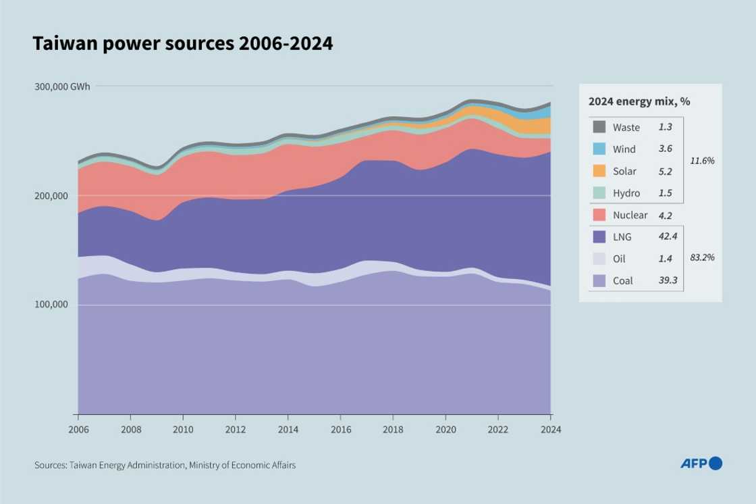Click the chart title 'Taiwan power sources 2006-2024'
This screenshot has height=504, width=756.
point(182,45)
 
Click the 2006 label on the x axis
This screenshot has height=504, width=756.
point(78,428)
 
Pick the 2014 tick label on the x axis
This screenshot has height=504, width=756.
point(288,428)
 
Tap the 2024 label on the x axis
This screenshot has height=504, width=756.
point(551,428)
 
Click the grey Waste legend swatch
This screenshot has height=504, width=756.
point(599,127)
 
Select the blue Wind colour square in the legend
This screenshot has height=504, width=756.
point(599,149)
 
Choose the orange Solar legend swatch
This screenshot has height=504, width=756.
point(599,171)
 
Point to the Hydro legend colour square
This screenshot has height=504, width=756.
point(599,193)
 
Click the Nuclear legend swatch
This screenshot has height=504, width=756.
point(599,215)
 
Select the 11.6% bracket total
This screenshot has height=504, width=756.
point(702,161)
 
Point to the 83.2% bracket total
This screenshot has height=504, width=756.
point(702,257)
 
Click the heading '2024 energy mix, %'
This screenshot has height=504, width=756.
point(639,102)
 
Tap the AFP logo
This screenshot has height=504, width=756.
point(701,463)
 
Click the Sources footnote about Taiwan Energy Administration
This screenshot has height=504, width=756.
point(165,465)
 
